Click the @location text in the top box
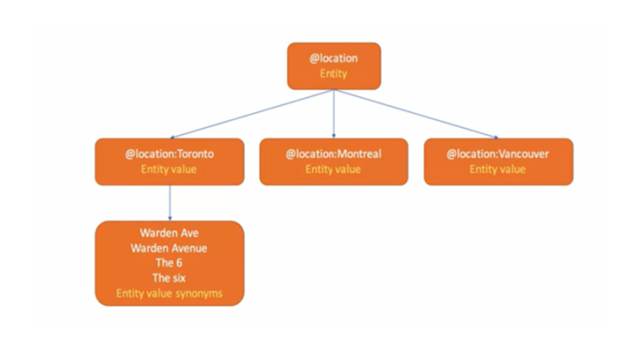pyautogui.click(x=334, y=58)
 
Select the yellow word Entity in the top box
pyautogui.click(x=334, y=73)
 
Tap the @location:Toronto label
pyautogui.click(x=170, y=154)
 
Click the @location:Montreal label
pyautogui.click(x=334, y=154)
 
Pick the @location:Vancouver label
pyautogui.click(x=498, y=154)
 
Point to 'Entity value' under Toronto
pyautogui.click(x=169, y=169)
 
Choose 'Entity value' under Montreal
pyautogui.click(x=333, y=169)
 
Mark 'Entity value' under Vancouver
pyautogui.click(x=498, y=169)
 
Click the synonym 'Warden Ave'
pyautogui.click(x=170, y=233)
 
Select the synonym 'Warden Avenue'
pyautogui.click(x=169, y=248)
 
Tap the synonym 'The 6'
pyautogui.click(x=169, y=263)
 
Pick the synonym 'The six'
pyautogui.click(x=169, y=278)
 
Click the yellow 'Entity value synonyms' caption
pyautogui.click(x=170, y=293)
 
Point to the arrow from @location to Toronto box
pyautogui.click(x=252, y=114)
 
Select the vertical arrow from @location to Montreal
pyautogui.click(x=334, y=114)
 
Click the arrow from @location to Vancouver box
pyautogui.click(x=416, y=114)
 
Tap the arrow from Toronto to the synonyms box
pyautogui.click(x=170, y=203)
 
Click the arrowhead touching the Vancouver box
pyautogui.click(x=496, y=137)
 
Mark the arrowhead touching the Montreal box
pyautogui.click(x=334, y=136)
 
